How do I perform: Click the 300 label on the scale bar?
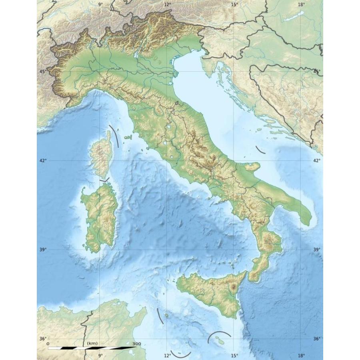click(x=136, y=344)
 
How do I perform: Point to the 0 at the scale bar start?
click(x=48, y=344)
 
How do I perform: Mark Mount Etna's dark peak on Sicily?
click(x=233, y=287)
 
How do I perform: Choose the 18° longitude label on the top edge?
click(x=301, y=4)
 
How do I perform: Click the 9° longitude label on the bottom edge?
click(x=100, y=355)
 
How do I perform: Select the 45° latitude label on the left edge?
click(x=42, y=71)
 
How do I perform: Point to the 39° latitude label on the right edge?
click(x=317, y=250)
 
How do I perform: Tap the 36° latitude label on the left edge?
click(x=42, y=339)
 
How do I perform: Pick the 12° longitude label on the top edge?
click(x=167, y=4)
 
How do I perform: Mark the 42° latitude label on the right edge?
click(x=317, y=160)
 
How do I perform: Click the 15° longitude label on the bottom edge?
click(x=234, y=355)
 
